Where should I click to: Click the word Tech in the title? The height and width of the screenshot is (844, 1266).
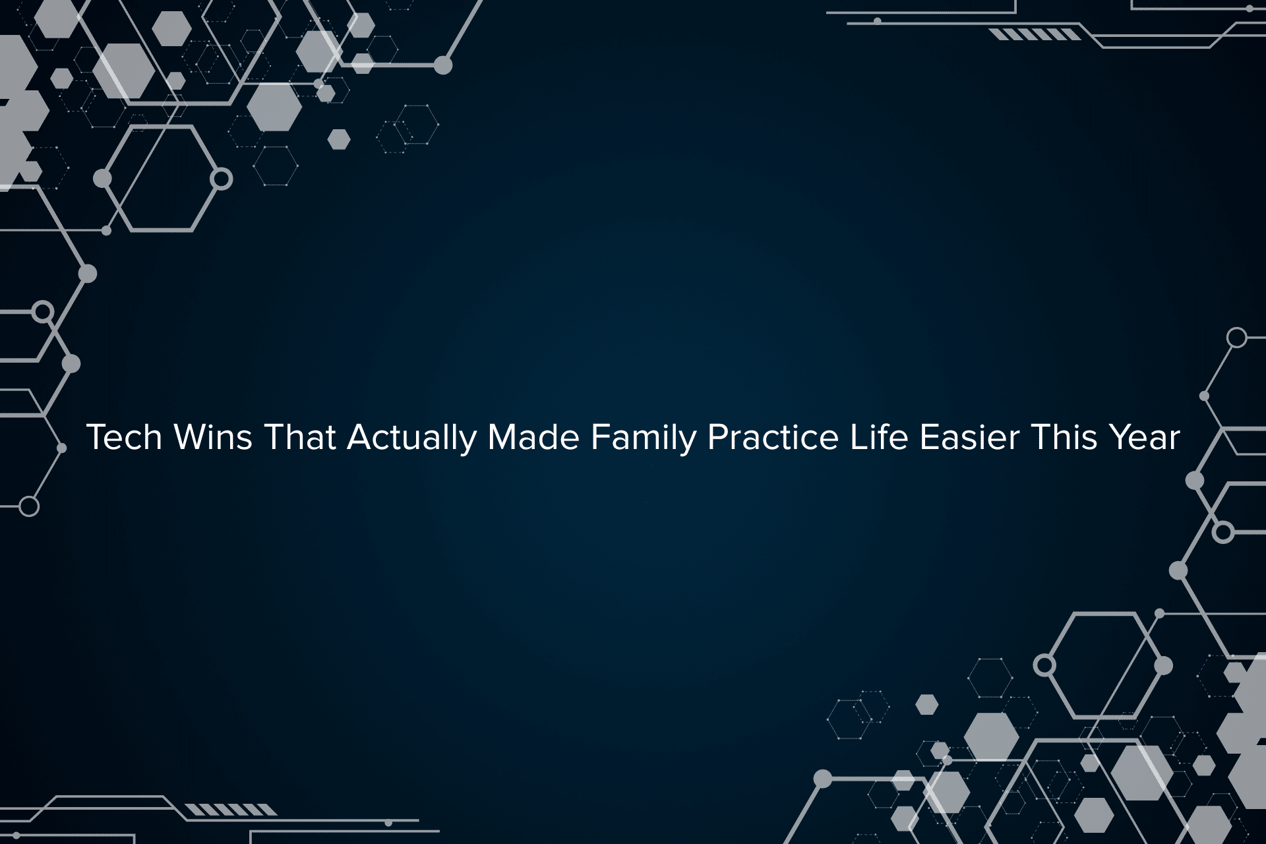(x=124, y=437)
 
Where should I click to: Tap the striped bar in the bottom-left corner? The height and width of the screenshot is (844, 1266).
(x=230, y=810)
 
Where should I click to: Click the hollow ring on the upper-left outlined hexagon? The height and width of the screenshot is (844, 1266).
(x=222, y=179)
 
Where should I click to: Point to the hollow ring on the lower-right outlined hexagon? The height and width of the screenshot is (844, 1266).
(x=1044, y=665)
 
